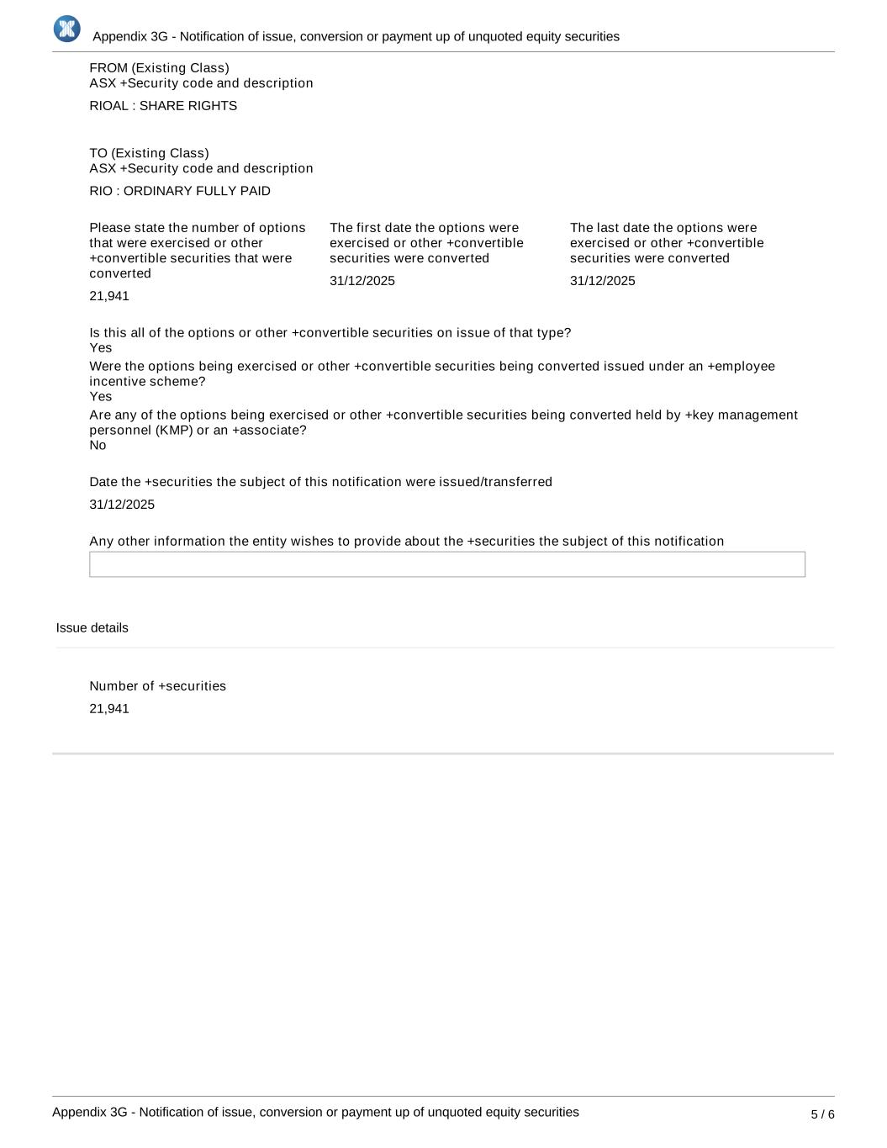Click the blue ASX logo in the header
66,29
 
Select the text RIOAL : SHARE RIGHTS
163,106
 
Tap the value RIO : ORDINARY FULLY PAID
180,191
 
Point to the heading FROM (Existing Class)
159,68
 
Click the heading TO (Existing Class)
149,153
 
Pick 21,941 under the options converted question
109,296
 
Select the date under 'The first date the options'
362,281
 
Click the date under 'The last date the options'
602,281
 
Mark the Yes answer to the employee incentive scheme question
100,397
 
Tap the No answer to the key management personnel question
98,446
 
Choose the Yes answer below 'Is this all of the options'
100,348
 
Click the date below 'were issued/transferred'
122,505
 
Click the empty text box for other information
446,564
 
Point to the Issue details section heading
92,628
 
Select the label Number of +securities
157,686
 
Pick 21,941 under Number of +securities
109,709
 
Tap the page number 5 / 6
822,1114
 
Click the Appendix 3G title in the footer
315,1112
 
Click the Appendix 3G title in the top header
356,37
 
